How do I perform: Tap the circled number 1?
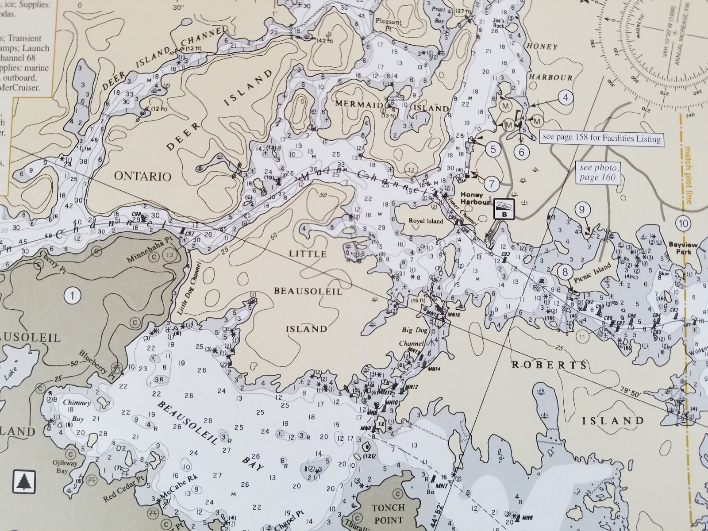click(x=73, y=295)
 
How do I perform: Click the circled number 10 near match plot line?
click(x=683, y=223)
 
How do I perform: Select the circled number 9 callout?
click(x=582, y=209)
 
